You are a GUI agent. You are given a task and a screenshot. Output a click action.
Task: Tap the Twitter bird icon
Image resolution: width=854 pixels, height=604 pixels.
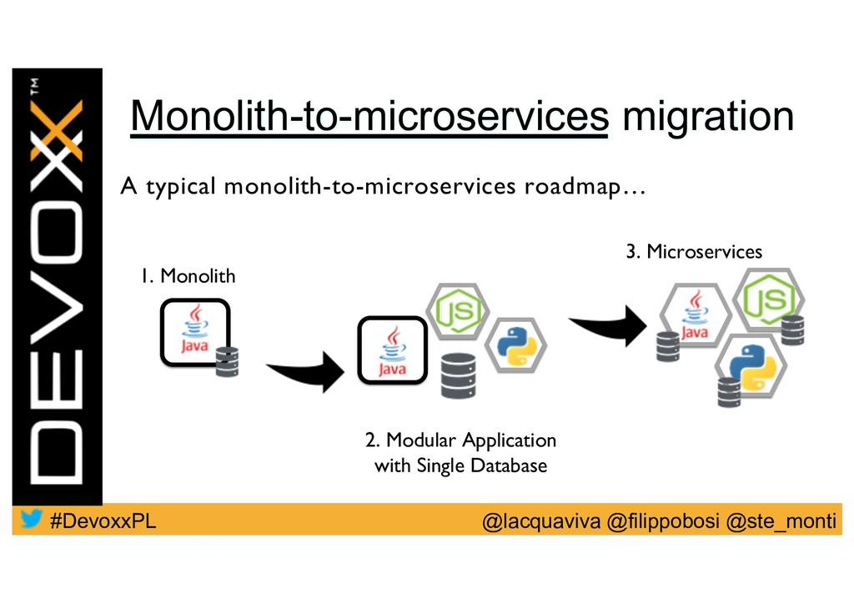click(32, 519)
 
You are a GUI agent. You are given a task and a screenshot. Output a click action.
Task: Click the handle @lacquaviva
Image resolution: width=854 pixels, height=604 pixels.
click(542, 521)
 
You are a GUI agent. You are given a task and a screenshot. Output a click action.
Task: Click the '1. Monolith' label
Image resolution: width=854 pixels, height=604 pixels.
click(188, 275)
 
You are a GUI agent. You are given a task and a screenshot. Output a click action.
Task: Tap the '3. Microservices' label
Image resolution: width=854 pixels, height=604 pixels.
click(694, 251)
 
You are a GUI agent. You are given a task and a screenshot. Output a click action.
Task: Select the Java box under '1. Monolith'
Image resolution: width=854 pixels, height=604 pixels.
click(195, 330)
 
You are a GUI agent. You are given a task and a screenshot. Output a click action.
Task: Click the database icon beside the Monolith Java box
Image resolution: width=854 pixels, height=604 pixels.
click(227, 360)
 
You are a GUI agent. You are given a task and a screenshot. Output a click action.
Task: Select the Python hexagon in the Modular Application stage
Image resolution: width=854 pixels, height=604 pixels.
click(515, 345)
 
